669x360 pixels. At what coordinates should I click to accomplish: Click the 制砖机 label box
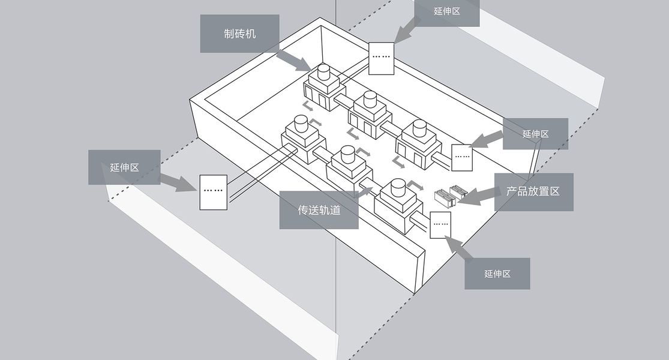click(x=239, y=34)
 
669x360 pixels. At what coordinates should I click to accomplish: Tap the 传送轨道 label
click(x=319, y=210)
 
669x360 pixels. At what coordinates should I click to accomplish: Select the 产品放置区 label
click(x=533, y=191)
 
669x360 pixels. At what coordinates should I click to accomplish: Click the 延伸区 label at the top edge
click(x=446, y=11)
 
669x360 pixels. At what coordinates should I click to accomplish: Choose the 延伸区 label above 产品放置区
click(x=535, y=134)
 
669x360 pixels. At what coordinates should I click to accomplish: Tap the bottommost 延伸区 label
click(x=497, y=274)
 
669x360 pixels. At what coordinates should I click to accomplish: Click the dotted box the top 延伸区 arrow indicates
click(x=381, y=58)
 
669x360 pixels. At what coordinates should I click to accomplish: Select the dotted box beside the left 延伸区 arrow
click(x=213, y=192)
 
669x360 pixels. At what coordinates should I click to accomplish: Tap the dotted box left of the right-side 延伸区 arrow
click(x=462, y=157)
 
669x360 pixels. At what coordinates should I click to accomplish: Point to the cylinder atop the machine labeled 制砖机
click(x=324, y=73)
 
